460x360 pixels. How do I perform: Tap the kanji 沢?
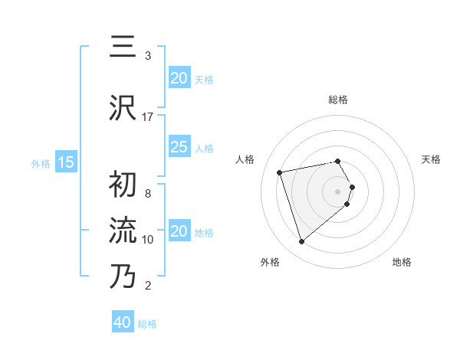click(123, 107)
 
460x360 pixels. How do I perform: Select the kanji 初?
click(123, 186)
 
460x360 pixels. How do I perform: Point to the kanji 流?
click(123, 231)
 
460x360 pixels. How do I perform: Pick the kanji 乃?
click(123, 276)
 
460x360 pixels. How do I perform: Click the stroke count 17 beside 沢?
click(148, 117)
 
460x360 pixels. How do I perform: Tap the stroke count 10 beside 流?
click(148, 240)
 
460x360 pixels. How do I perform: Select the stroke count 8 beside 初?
click(148, 194)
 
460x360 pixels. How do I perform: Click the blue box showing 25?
click(179, 147)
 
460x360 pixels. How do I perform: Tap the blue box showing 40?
click(123, 322)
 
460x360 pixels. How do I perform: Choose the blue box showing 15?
click(65, 162)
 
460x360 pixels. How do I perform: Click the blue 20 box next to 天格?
click(179, 77)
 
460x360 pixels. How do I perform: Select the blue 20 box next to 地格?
click(179, 231)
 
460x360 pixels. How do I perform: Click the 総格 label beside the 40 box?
click(147, 324)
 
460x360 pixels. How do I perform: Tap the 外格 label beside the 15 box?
click(40, 163)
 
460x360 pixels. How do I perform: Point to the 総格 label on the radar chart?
click(337, 100)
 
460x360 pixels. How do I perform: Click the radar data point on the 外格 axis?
click(301, 242)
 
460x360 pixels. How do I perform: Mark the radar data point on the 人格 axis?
click(280, 172)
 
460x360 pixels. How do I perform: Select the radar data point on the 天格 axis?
click(352, 187)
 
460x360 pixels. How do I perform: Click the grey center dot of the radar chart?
click(337, 191)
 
